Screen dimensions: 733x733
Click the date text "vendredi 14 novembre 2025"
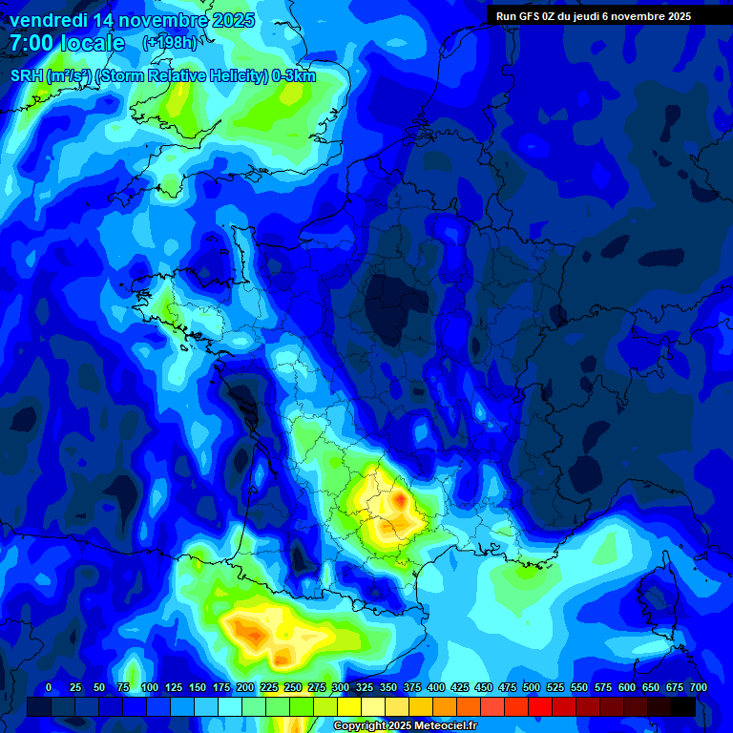click(132, 20)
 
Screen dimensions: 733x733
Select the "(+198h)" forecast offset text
click(169, 43)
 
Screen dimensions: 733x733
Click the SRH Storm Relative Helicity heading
click(163, 76)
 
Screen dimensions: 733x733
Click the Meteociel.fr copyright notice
click(406, 725)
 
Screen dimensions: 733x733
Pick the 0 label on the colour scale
click(49, 687)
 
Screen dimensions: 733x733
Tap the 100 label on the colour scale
click(149, 687)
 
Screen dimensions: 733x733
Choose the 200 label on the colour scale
click(245, 687)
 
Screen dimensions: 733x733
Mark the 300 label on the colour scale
click(341, 687)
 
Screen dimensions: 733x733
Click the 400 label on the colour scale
click(436, 687)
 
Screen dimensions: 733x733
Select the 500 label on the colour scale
click(532, 687)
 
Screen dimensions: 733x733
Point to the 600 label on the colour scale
click(627, 687)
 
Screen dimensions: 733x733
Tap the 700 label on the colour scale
click(698, 687)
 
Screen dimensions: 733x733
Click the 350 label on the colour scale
click(388, 687)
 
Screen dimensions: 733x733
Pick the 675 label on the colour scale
click(674, 687)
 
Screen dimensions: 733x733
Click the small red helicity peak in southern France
click(398, 498)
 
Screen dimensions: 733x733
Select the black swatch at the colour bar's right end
click(683, 706)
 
